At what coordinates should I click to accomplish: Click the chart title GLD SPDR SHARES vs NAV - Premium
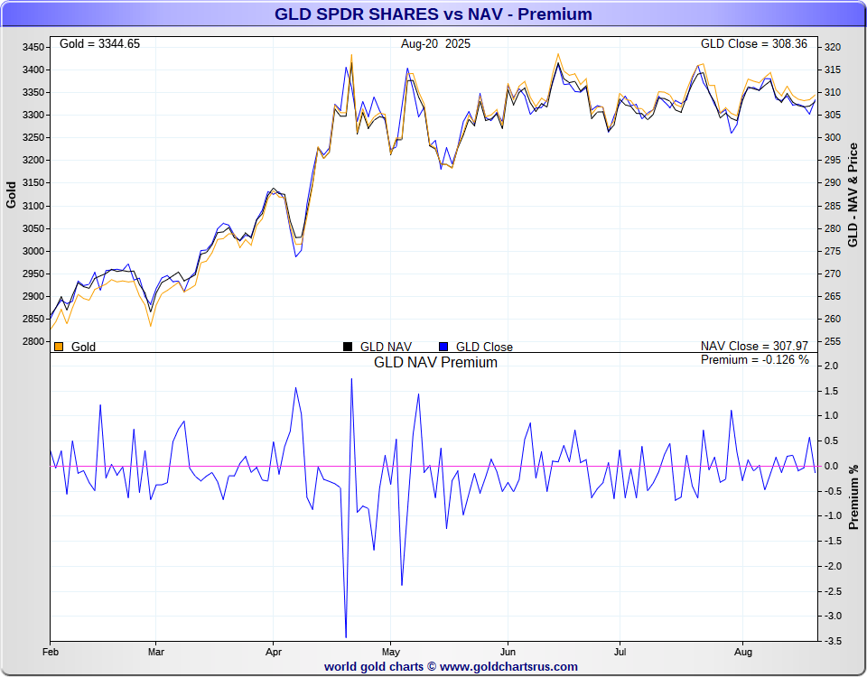433,14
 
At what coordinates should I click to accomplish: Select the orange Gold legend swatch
59,347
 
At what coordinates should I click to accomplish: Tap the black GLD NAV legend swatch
348,347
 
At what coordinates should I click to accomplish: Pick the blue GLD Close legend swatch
443,347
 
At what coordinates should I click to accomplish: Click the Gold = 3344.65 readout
99,43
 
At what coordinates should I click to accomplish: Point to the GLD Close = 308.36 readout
755,43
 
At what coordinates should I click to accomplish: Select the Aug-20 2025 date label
435,43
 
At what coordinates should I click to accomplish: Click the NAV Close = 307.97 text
755,346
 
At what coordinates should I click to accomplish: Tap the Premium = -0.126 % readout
755,360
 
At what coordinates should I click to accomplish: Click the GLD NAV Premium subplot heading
435,362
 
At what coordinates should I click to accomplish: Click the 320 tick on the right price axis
832,47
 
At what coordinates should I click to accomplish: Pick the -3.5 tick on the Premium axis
832,640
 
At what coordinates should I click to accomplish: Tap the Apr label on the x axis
273,651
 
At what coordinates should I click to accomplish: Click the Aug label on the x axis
743,651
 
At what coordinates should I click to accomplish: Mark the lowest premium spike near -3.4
346,636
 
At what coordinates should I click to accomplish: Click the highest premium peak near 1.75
351,379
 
